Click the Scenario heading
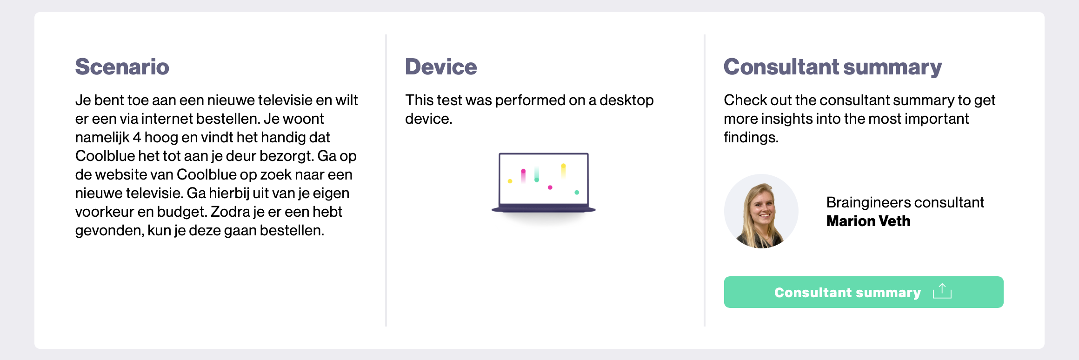coord(122,67)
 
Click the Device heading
coord(441,67)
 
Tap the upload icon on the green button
coord(942,291)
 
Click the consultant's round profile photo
coord(761,211)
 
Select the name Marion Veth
coord(868,221)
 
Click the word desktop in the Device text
coord(626,100)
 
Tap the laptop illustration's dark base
coord(543,210)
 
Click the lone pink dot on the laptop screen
coord(550,187)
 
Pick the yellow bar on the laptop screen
coord(563,171)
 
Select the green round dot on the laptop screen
coord(577,192)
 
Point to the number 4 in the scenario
coord(137,138)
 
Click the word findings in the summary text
coord(751,138)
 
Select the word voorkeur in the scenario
coord(104,212)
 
